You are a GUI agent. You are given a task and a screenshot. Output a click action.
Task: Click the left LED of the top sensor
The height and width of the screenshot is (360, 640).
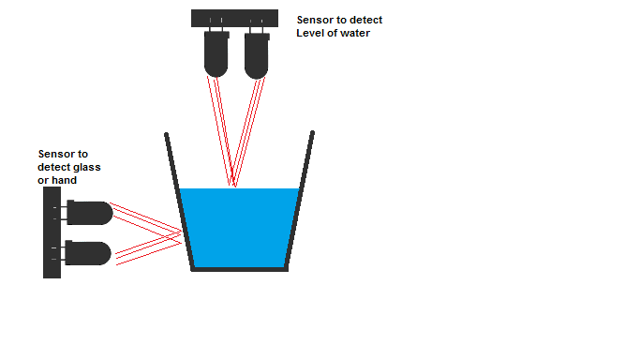coord(216,57)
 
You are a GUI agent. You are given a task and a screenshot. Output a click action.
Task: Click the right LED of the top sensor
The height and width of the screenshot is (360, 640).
coord(256,57)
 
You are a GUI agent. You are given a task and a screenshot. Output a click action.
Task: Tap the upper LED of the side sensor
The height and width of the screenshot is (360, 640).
coord(89,213)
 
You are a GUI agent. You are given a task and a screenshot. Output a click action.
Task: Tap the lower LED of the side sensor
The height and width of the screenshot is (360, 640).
coord(89,253)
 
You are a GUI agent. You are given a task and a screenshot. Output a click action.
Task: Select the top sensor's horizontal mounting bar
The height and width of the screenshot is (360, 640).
coord(234,18)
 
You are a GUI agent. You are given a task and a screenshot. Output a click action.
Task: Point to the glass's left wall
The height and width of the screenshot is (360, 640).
coord(178,202)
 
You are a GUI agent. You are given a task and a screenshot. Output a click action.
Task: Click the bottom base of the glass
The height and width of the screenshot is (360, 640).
coord(239,269)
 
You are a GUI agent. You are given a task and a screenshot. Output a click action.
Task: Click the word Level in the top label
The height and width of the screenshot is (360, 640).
coord(311,35)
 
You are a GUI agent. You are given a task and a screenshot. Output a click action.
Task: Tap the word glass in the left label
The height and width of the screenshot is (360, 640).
coord(86,167)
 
